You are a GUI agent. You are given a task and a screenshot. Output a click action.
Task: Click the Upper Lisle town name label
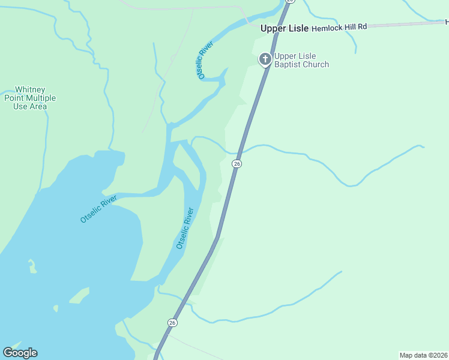[x=284, y=28]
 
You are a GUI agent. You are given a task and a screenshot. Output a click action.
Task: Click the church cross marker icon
[x=265, y=59]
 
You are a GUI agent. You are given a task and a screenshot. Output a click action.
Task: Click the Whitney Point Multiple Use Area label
[x=30, y=98]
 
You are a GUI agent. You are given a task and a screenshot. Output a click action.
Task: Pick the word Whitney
[x=30, y=89]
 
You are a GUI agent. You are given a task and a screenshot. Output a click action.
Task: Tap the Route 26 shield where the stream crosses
[x=237, y=164]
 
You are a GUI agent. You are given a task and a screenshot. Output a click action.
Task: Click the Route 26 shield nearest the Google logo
[x=173, y=323]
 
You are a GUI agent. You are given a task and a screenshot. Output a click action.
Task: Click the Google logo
[x=20, y=353]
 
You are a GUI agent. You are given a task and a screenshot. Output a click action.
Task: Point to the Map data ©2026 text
[x=423, y=355]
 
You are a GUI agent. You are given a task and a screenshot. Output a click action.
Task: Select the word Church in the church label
[x=316, y=65]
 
